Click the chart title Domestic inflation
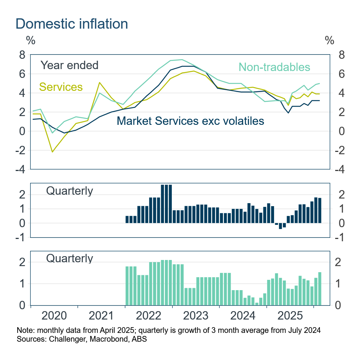point(71,24)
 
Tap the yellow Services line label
point(61,87)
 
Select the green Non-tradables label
point(274,67)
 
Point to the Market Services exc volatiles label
point(190,121)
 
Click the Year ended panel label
point(69,65)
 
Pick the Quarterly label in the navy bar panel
point(69,190)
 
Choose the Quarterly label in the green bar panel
point(69,258)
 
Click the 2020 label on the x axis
point(54,316)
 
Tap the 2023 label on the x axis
point(196,316)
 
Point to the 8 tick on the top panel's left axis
point(22,55)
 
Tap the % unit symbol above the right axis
point(329,40)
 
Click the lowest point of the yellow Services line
point(53,152)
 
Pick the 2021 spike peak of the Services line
point(100,82)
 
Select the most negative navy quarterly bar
point(280,226)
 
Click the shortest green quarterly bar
point(257,304)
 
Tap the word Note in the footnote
point(24,330)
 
